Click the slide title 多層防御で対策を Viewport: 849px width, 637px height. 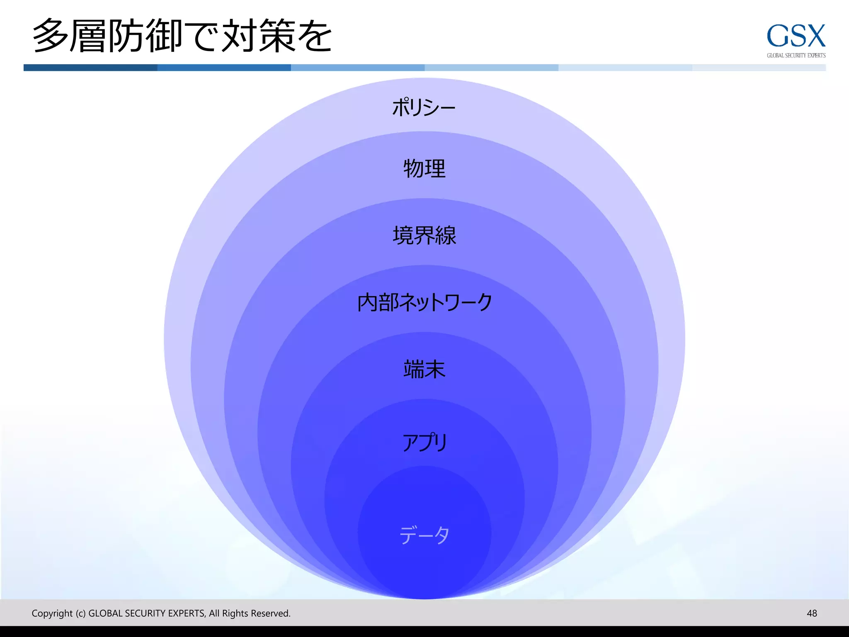pos(182,36)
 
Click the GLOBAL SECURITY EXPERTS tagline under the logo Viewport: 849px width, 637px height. pos(796,56)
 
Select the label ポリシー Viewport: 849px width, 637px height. pos(424,107)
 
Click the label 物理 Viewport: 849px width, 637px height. pos(424,169)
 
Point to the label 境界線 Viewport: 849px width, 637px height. pos(424,236)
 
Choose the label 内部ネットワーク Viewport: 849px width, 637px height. pos(424,302)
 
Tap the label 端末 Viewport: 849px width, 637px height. pos(424,369)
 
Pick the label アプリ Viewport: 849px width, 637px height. pos(424,442)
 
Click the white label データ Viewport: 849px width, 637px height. pos(424,535)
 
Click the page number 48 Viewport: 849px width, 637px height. pos(812,613)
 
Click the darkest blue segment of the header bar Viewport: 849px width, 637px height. pos(90,68)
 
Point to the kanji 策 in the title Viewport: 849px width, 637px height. pos(277,36)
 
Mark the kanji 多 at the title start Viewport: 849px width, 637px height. pos(50,36)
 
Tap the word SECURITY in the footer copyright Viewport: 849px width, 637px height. pos(145,613)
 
